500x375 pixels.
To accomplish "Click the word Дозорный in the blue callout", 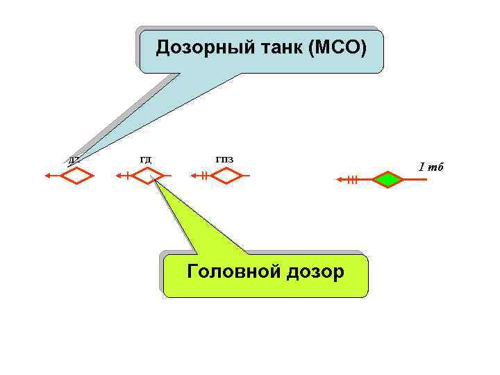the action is tap(196, 48).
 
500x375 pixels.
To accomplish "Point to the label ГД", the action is tap(146, 160).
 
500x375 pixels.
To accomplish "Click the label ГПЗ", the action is tap(224, 160).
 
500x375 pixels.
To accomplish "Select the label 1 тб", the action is tap(431, 167).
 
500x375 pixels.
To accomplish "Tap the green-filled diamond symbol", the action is tap(388, 180).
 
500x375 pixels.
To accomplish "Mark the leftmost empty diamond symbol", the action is tap(76, 176).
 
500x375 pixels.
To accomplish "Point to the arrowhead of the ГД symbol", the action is tap(119, 176).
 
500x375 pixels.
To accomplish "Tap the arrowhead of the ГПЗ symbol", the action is tap(195, 176).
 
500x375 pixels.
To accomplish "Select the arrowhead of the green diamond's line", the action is tap(340, 180).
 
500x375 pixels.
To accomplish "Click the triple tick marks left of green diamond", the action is tap(353, 180).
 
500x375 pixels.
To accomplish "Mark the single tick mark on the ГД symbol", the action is tap(128, 176).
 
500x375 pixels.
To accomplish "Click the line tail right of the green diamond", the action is tap(417, 180).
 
